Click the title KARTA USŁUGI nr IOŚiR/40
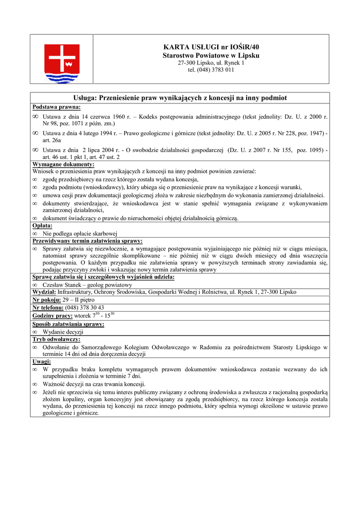(211, 47)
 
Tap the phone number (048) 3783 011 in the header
(211, 70)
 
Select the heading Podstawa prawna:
(57, 107)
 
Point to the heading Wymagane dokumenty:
(63, 165)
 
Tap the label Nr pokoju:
(47, 300)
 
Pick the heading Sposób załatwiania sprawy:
(68, 324)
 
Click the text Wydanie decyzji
(63, 332)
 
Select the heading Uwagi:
(41, 362)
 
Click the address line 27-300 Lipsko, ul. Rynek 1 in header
(211, 63)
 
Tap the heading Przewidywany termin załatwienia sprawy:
(88, 241)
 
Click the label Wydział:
(44, 292)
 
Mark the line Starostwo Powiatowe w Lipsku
(211, 55)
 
